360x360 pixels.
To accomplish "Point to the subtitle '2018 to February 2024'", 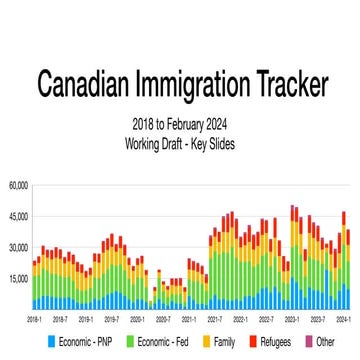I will (x=180, y=125).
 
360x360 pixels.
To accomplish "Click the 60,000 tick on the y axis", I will (x=19, y=185).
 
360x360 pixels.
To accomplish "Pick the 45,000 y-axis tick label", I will (x=19, y=216).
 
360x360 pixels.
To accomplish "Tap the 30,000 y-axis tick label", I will (x=19, y=247).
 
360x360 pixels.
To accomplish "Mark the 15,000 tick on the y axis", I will (x=19, y=278).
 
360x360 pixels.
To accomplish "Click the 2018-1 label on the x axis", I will (x=33, y=318).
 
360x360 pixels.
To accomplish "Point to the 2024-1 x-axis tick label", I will (x=344, y=318).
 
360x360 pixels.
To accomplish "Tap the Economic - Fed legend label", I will (x=160, y=342).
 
